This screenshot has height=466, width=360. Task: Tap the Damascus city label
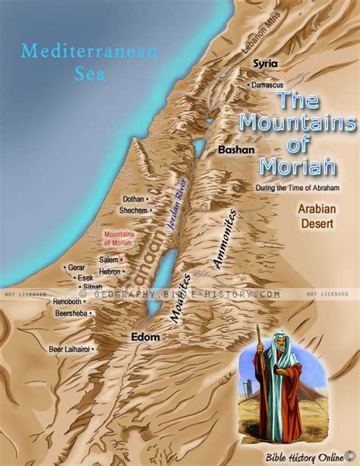pos(267,78)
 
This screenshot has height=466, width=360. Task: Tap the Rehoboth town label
pos(67,302)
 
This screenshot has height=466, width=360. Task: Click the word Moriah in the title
pos(293,165)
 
